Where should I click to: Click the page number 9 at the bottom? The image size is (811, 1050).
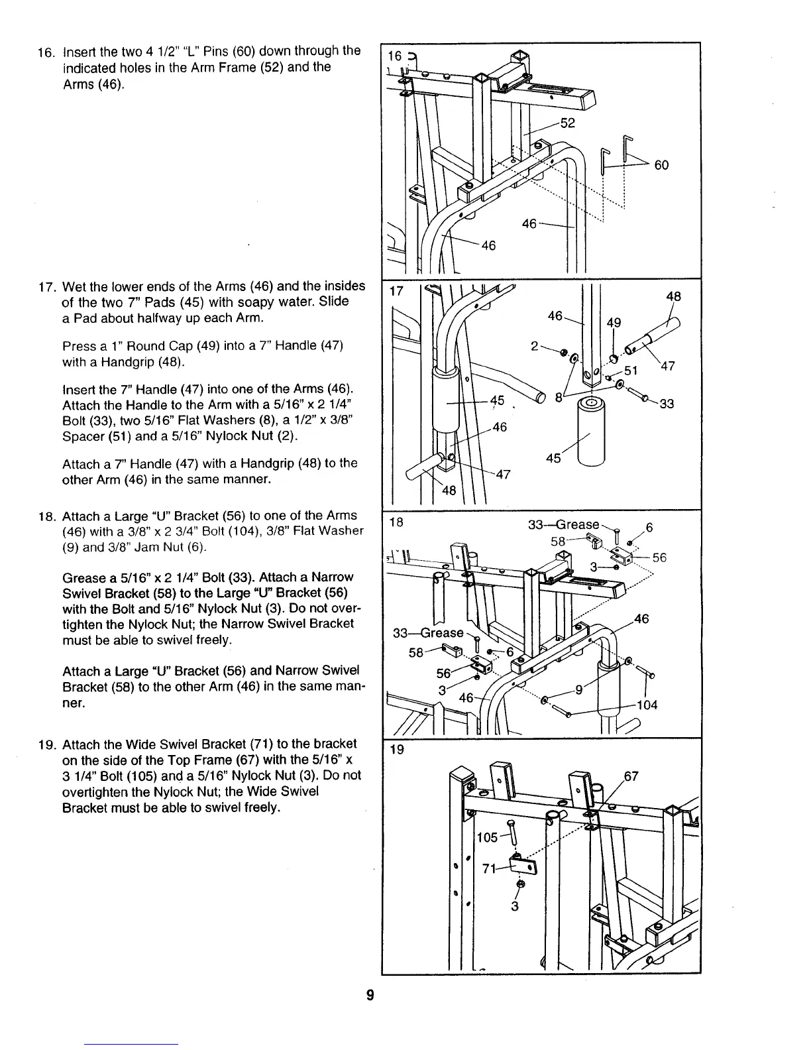pos(371,995)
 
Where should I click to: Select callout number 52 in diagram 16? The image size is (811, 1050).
pos(568,123)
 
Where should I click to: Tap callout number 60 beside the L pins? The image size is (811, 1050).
pos(661,165)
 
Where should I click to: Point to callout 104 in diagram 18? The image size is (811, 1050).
pos(647,705)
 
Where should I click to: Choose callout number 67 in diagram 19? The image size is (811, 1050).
pos(631,776)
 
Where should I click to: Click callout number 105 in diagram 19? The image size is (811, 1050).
pos(487,837)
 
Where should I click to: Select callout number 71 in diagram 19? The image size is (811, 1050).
pos(489,869)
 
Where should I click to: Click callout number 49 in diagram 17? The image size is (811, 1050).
pos(614,323)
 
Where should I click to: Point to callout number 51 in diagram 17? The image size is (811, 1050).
pos(631,370)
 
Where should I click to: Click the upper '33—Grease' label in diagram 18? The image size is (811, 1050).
pos(563,524)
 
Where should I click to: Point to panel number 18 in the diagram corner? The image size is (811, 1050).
pos(396,522)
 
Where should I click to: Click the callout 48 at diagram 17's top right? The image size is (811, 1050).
pos(674,296)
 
